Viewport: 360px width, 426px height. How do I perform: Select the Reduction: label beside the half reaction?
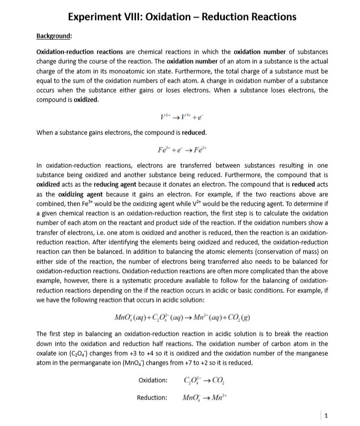[x=152, y=397]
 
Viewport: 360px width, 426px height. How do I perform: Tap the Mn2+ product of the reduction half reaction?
[x=213, y=397]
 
